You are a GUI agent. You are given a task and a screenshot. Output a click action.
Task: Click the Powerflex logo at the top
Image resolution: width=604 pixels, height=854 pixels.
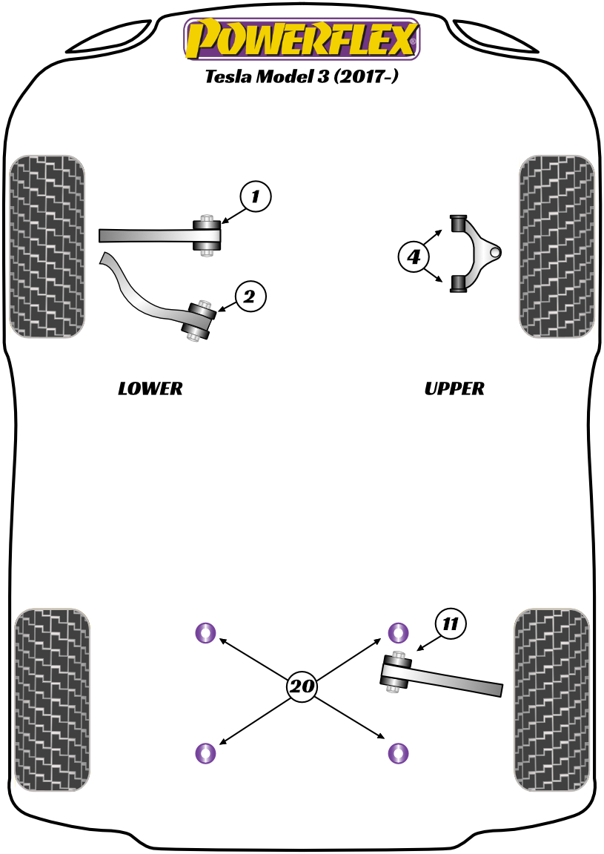click(x=302, y=39)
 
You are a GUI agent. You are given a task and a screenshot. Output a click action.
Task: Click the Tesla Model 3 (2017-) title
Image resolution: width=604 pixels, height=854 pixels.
click(x=302, y=77)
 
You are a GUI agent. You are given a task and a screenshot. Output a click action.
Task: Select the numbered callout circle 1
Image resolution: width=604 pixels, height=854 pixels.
click(x=256, y=196)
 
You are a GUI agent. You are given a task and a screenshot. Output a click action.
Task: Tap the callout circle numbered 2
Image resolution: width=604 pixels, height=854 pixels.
click(x=250, y=297)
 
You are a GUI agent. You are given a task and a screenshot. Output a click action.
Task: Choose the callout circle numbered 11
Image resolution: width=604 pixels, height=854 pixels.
click(x=451, y=624)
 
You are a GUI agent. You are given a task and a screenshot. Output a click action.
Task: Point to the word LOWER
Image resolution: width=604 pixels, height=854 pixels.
click(x=150, y=388)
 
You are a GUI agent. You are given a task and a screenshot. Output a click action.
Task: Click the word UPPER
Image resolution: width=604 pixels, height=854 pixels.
click(x=454, y=388)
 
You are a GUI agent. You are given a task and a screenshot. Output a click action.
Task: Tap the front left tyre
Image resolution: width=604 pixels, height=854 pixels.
click(x=46, y=247)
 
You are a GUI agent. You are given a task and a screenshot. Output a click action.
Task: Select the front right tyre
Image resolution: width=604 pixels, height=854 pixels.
click(x=557, y=247)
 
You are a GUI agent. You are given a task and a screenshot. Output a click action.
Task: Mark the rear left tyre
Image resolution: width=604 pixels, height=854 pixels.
click(x=52, y=700)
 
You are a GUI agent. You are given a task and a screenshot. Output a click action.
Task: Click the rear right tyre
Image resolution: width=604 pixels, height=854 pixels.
click(x=551, y=700)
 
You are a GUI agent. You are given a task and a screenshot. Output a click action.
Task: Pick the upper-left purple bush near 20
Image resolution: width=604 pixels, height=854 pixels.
click(x=205, y=632)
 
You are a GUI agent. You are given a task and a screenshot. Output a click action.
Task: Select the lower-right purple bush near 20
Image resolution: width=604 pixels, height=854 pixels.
click(x=399, y=753)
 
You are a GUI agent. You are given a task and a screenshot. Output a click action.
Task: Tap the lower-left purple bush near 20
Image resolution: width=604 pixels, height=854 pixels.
click(x=205, y=753)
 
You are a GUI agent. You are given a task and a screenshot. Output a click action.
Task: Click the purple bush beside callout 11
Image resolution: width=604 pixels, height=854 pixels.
click(x=399, y=632)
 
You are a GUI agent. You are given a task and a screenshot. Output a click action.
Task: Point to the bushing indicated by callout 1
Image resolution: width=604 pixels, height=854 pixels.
click(x=208, y=236)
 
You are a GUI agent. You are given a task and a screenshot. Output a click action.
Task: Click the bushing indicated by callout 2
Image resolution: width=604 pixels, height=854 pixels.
click(x=200, y=320)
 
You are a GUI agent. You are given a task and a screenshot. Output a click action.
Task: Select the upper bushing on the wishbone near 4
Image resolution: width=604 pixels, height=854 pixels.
click(x=459, y=222)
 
